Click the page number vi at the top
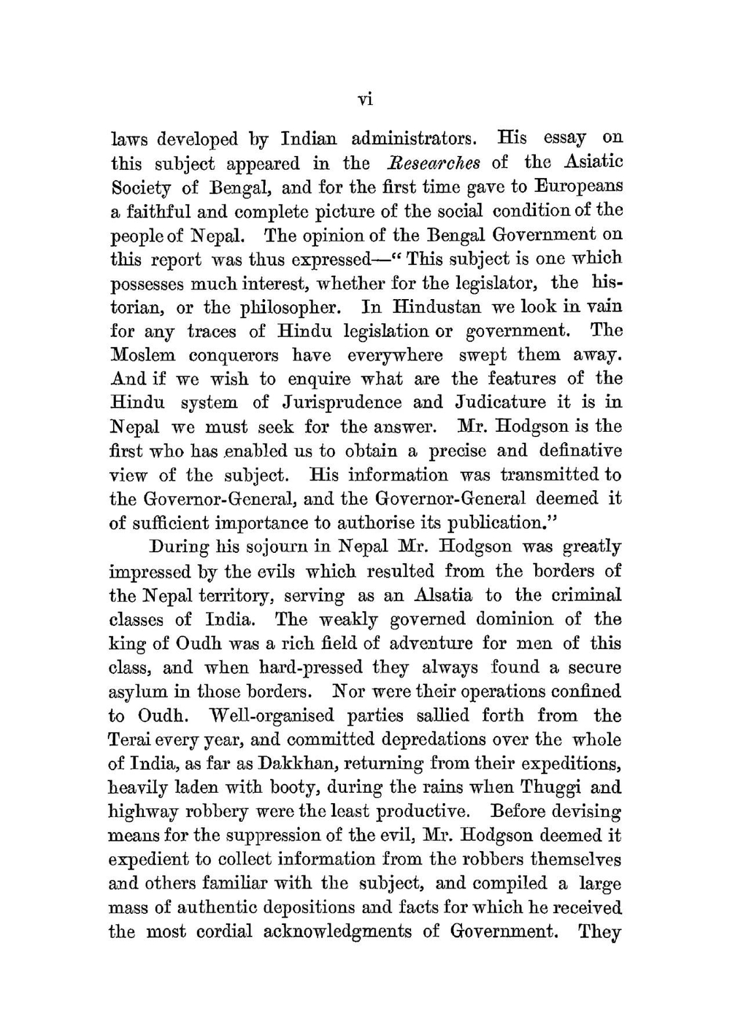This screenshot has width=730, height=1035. pos(366,100)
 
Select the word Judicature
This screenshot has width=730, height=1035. pos(501,403)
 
